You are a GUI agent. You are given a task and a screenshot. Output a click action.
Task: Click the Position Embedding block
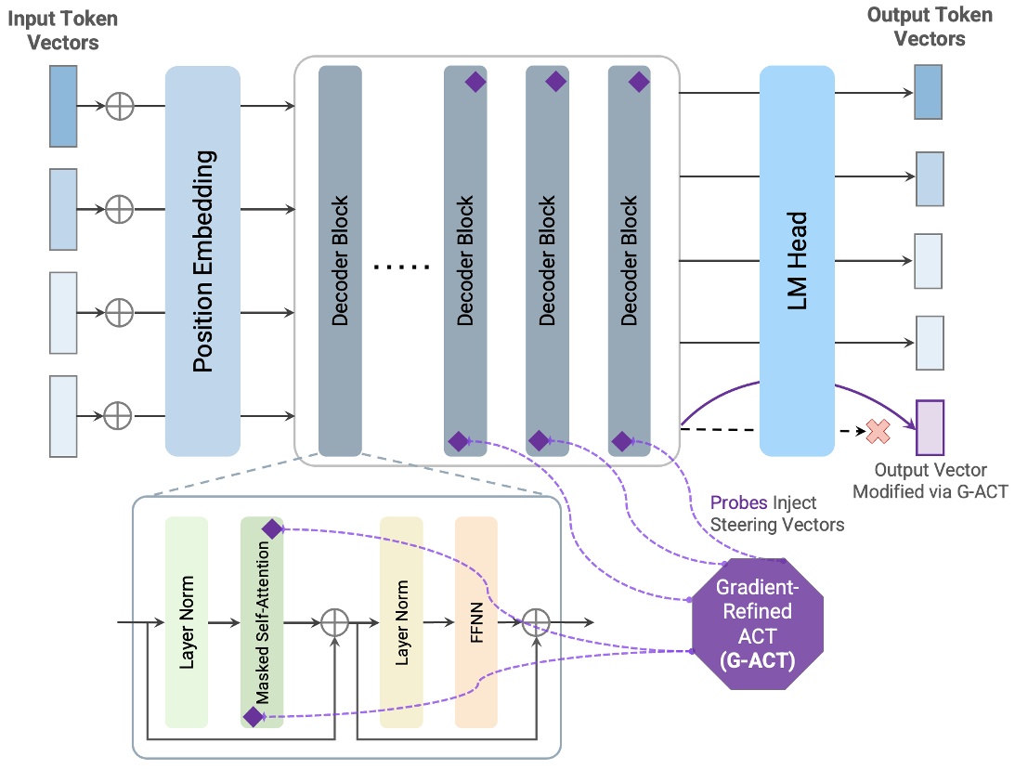click(202, 261)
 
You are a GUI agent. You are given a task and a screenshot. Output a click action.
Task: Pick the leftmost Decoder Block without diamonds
click(340, 261)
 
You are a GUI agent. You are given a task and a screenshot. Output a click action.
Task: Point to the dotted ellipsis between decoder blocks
click(401, 267)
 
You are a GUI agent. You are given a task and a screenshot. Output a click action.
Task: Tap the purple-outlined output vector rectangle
click(930, 427)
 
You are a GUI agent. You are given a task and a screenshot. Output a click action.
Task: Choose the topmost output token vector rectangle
click(928, 92)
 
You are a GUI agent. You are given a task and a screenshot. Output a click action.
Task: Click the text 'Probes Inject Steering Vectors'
click(776, 514)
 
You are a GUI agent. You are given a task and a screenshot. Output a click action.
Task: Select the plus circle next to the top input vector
click(119, 106)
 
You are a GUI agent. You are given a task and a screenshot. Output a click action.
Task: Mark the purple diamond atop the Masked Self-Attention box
click(272, 529)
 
